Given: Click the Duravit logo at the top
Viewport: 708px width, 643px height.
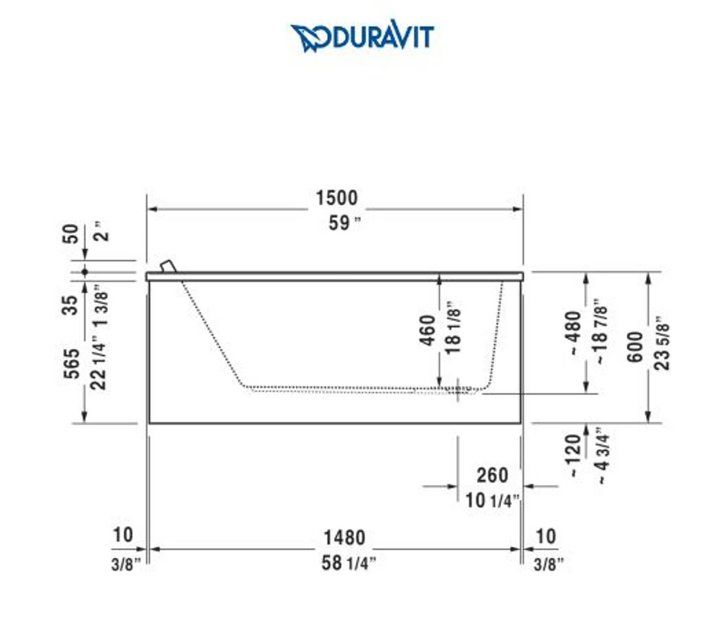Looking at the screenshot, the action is [362, 36].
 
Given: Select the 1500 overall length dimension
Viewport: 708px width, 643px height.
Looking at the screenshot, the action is [337, 197].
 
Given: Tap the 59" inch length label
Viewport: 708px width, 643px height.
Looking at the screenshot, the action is [345, 223].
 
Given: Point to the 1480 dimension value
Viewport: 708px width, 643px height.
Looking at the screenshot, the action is [344, 538].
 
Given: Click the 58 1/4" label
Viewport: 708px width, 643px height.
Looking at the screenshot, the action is [348, 563].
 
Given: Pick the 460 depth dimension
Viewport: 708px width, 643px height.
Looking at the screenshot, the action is [428, 330].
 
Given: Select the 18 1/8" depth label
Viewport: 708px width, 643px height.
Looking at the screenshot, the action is [453, 327].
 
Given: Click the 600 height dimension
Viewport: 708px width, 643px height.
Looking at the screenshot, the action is [636, 347].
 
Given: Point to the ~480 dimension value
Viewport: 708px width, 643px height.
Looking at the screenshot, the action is [573, 333].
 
